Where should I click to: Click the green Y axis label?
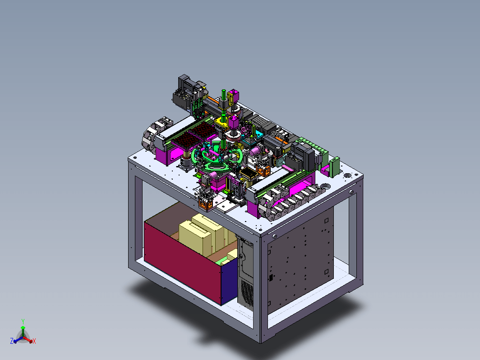click(23, 321)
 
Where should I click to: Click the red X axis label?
click(34, 341)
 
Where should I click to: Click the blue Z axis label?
click(12, 341)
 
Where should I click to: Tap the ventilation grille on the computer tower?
click(247, 291)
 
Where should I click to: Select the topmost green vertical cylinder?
click(224, 95)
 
